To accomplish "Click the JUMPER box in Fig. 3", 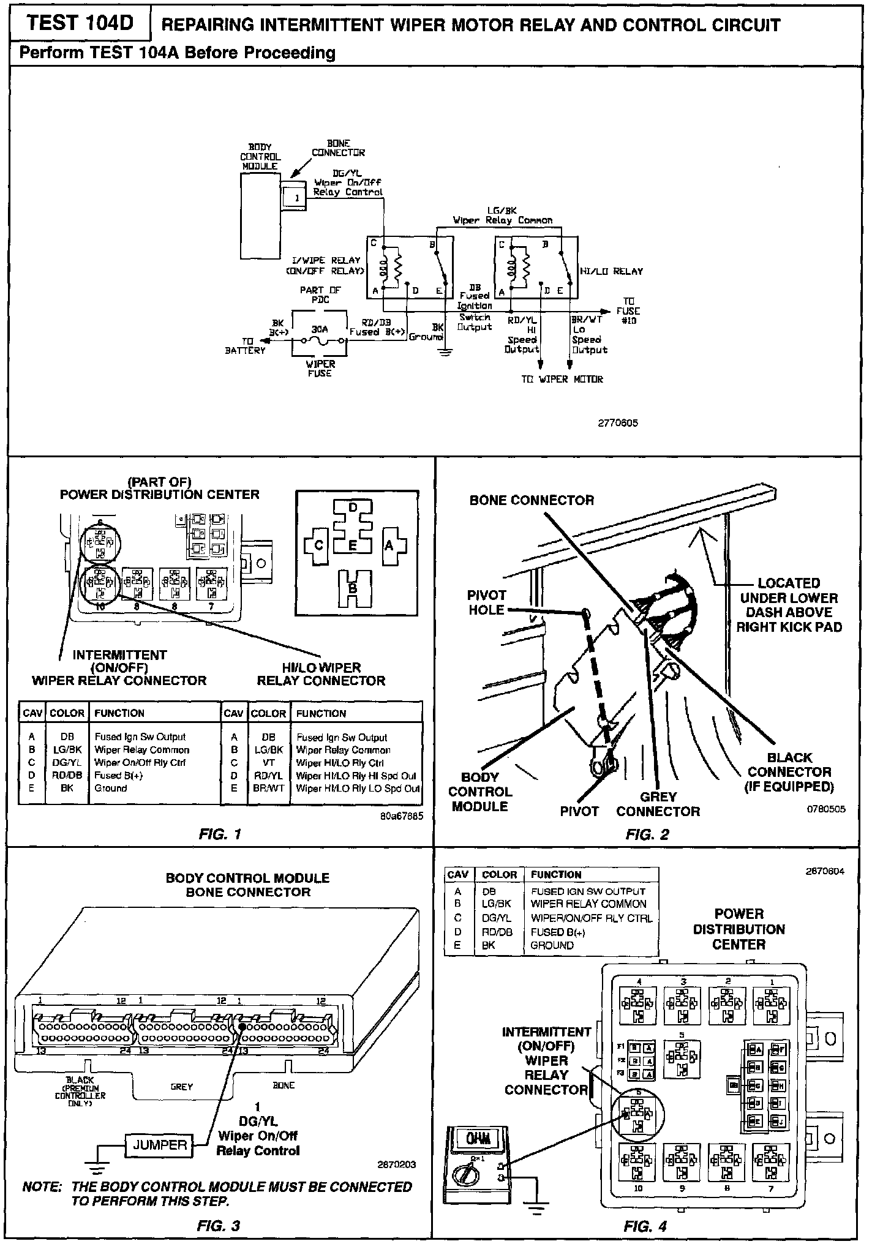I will click(160, 1144).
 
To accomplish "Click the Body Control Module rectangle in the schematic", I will click(260, 214).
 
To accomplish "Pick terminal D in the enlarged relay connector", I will click(353, 508).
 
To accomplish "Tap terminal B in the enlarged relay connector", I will click(353, 588).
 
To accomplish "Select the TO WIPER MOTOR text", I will click(562, 379).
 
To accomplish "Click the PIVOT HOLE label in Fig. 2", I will click(487, 602).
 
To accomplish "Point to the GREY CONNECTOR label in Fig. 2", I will click(658, 804).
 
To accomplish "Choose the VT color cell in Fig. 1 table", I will click(268, 763).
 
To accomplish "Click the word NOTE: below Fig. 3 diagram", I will click(42, 1187).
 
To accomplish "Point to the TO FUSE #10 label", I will click(628, 311).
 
